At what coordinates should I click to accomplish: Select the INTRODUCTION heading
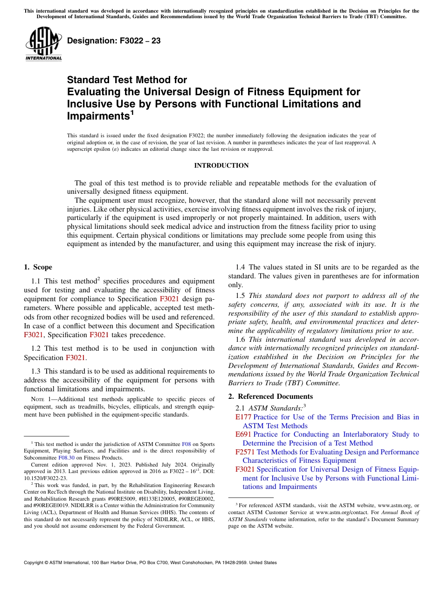(221, 165)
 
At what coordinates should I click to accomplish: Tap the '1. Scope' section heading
(38, 267)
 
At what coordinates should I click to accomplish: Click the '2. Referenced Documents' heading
(270, 396)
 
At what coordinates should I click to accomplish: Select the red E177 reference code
(243, 417)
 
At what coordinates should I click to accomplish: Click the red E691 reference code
(243, 434)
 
